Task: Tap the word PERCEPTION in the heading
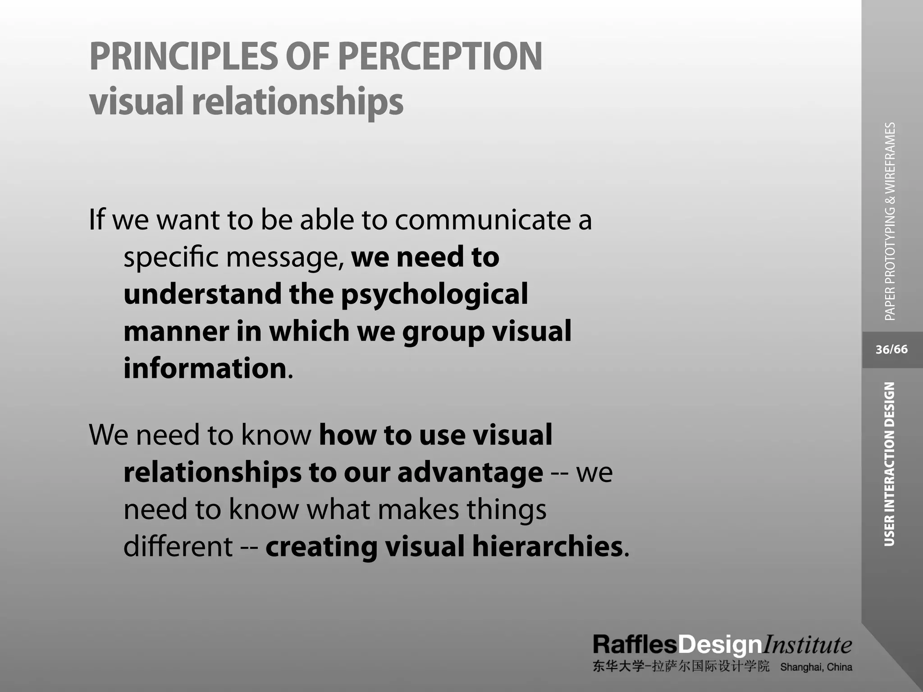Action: coord(440,57)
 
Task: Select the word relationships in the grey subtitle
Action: coord(297,102)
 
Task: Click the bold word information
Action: coord(205,369)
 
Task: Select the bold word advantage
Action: coord(470,473)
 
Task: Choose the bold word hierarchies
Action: coord(547,546)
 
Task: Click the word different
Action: coord(178,546)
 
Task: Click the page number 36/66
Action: coord(891,350)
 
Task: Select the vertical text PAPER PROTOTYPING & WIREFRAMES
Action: coord(890,222)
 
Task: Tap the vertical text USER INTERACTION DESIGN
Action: coord(889,464)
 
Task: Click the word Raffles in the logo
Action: coord(635,645)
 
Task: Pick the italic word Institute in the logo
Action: coord(807,645)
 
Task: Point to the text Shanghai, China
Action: coord(816,667)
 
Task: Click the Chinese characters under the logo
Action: coord(681,667)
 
